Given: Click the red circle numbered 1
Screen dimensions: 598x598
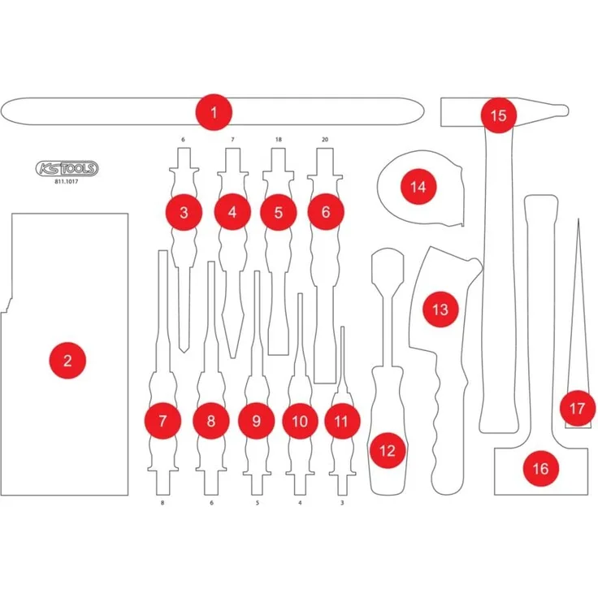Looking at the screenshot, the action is pyautogui.click(x=214, y=112).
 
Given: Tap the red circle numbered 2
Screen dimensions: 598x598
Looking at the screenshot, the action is pyautogui.click(x=67, y=361).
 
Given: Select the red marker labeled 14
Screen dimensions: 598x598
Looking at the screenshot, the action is pyautogui.click(x=418, y=187).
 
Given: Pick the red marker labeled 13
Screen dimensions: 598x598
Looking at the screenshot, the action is pyautogui.click(x=440, y=310).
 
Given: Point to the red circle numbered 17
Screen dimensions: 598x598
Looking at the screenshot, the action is pyautogui.click(x=578, y=409).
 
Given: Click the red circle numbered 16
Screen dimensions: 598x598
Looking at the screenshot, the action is pyautogui.click(x=541, y=468).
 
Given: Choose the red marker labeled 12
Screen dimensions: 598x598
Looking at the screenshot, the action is pyautogui.click(x=388, y=451).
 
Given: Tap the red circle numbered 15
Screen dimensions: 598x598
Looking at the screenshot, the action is pyautogui.click(x=498, y=115).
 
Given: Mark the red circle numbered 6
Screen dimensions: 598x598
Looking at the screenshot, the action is pyautogui.click(x=326, y=212).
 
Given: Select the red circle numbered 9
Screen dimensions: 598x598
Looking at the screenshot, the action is pyautogui.click(x=256, y=421).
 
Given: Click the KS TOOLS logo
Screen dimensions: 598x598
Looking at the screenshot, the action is pyautogui.click(x=67, y=168).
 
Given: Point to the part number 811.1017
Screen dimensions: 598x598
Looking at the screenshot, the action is pyautogui.click(x=67, y=181).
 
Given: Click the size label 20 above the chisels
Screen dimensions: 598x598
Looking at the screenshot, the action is pyautogui.click(x=325, y=140).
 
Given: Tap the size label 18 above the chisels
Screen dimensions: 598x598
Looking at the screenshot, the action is pyautogui.click(x=279, y=140).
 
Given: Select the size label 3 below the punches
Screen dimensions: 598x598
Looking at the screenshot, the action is pyautogui.click(x=342, y=503).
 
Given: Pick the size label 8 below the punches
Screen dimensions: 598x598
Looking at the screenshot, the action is pyautogui.click(x=162, y=503).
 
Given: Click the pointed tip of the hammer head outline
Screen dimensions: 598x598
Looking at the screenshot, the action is pyautogui.click(x=568, y=111).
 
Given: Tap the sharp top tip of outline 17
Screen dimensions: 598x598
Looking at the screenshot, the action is pyautogui.click(x=578, y=219).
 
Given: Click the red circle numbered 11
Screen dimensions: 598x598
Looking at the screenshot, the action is pyautogui.click(x=342, y=421).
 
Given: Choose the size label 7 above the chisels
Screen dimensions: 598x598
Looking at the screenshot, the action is pyautogui.click(x=232, y=140).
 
